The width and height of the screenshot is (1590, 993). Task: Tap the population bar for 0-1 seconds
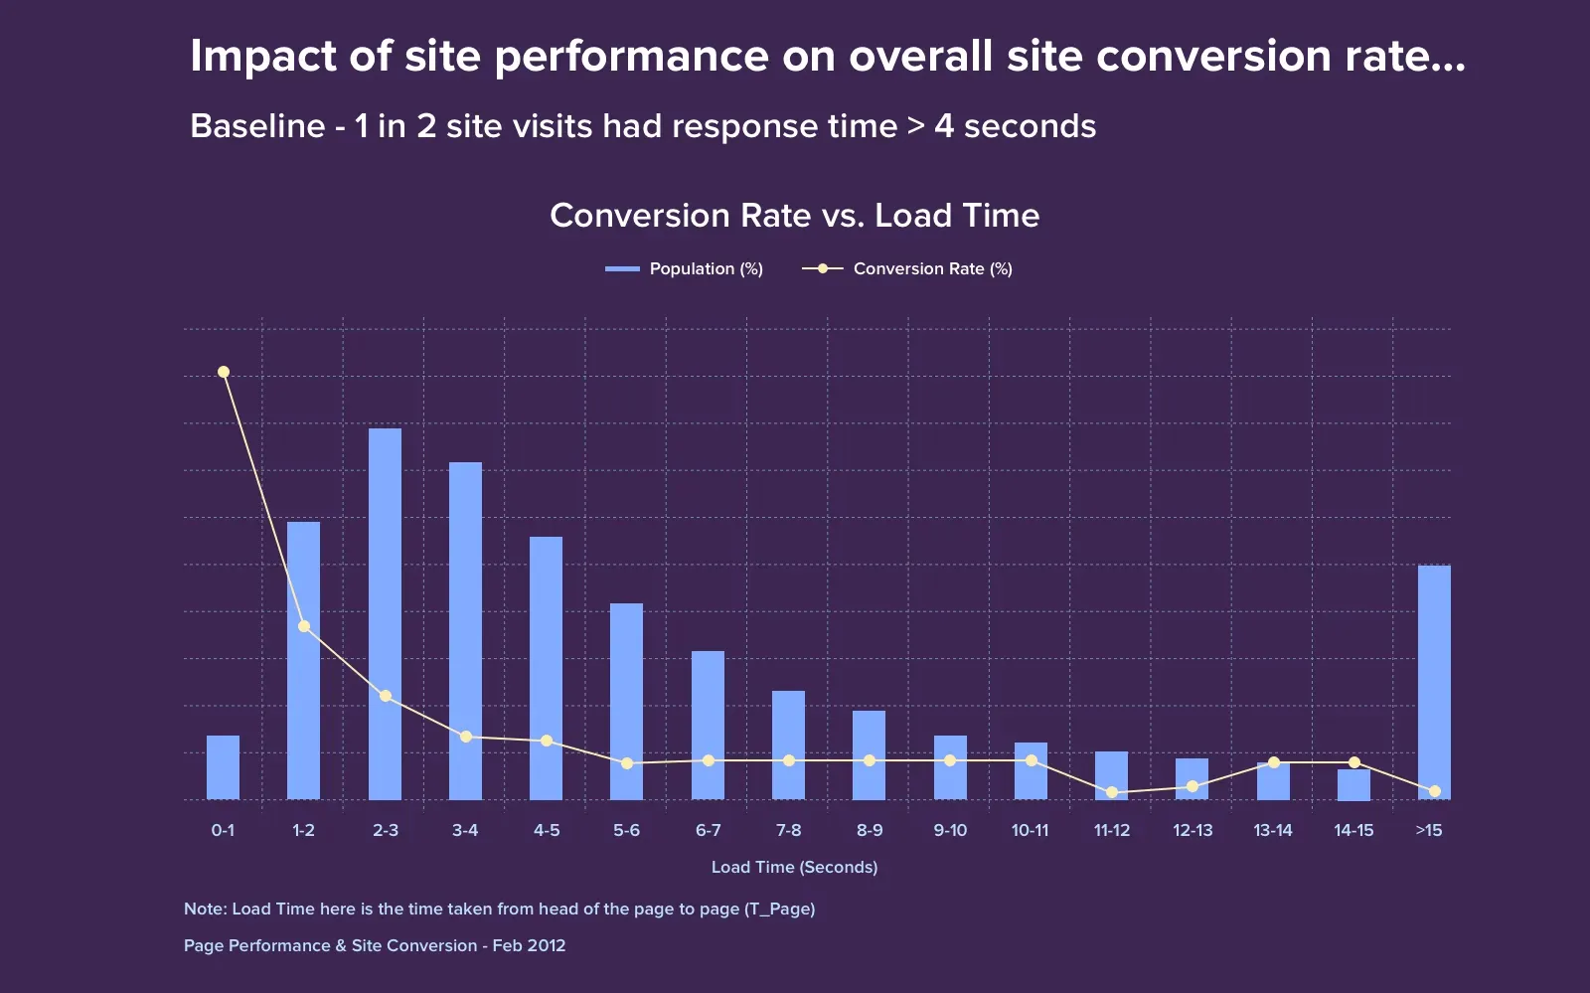click(x=223, y=767)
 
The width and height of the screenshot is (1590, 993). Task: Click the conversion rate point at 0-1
click(x=224, y=372)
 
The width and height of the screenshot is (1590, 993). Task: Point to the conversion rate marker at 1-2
click(x=304, y=626)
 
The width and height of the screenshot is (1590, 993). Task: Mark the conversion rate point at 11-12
click(x=1112, y=792)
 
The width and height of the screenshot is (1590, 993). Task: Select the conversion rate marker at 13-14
click(x=1274, y=762)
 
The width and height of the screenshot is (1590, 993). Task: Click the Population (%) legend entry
click(x=685, y=268)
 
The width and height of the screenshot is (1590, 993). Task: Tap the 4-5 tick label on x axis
click(x=547, y=830)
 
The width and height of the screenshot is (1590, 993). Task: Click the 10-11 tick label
click(x=1030, y=830)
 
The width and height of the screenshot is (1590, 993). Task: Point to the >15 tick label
click(x=1428, y=830)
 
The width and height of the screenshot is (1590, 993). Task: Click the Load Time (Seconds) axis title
click(x=794, y=867)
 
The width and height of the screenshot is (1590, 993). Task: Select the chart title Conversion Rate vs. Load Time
click(x=794, y=216)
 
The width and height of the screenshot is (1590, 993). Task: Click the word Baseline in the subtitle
click(x=257, y=126)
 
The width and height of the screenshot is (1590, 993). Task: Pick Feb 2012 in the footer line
click(x=529, y=945)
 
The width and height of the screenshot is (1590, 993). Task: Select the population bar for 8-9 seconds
click(x=869, y=755)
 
